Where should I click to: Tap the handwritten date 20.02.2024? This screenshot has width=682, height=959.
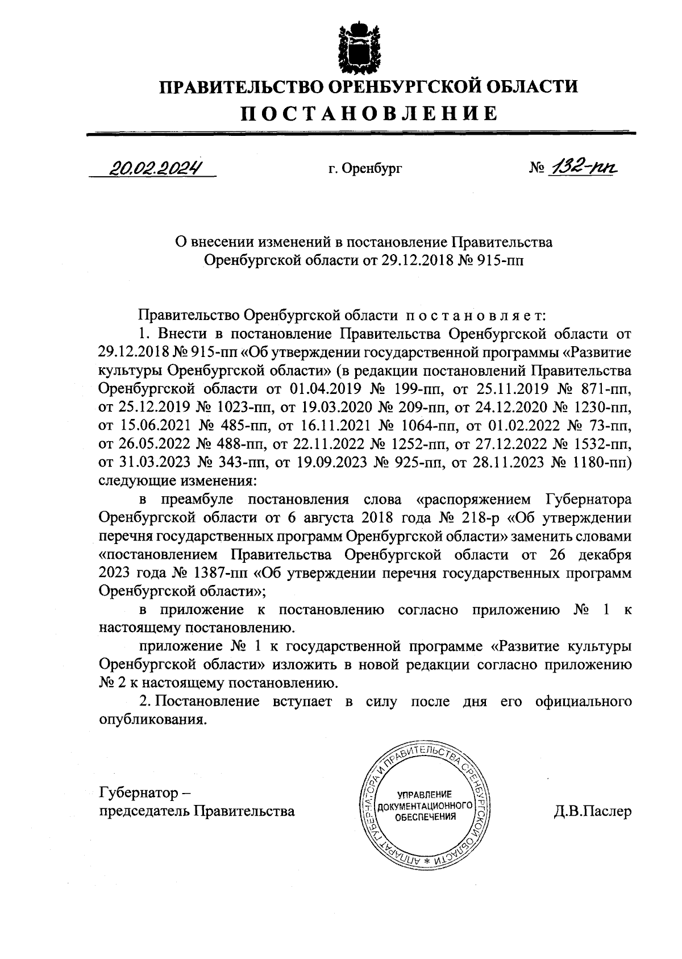pyautogui.click(x=155, y=168)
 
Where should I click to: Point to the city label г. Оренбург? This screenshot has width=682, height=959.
pyautogui.click(x=365, y=169)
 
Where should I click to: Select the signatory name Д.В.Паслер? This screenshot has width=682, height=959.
pyautogui.click(x=593, y=811)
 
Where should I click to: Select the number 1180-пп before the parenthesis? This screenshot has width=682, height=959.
pyautogui.click(x=599, y=463)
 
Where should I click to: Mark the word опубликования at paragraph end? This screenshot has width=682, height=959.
pyautogui.click(x=150, y=720)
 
